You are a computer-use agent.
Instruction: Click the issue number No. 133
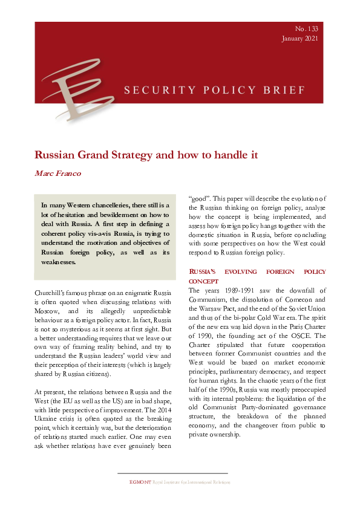(307, 29)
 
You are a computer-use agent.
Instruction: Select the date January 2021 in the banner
(299, 39)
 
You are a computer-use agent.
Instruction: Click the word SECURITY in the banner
(150, 91)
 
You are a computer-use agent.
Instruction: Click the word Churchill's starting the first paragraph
(53, 293)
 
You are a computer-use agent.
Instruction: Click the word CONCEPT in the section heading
(203, 281)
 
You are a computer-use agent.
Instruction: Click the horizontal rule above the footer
(172, 473)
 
